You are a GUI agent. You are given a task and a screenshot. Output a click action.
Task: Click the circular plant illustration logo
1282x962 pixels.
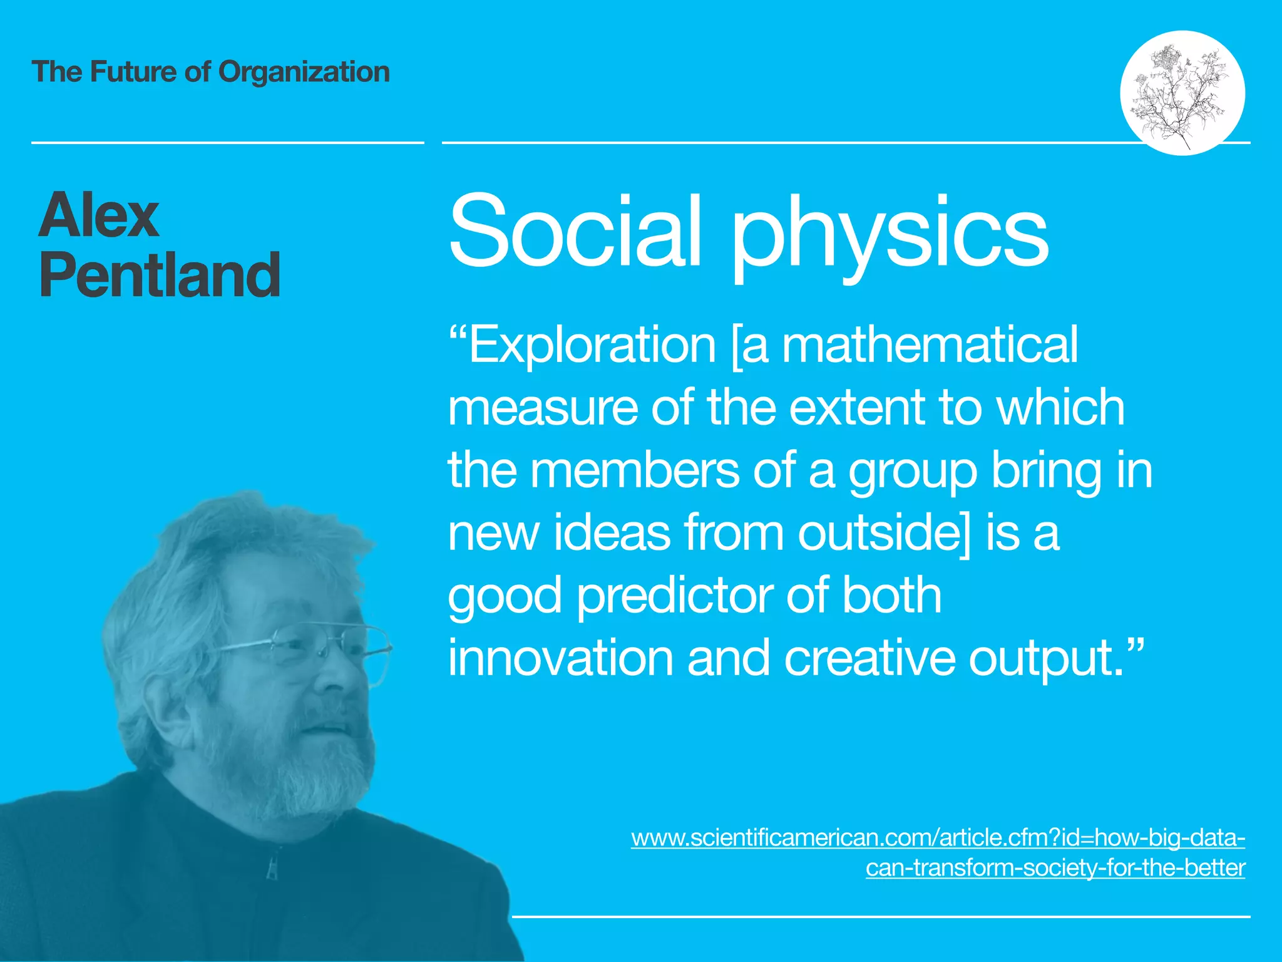click(x=1182, y=93)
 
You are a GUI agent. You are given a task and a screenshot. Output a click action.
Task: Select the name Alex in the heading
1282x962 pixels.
click(x=98, y=215)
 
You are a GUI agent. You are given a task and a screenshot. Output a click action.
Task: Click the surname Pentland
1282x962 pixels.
click(x=160, y=276)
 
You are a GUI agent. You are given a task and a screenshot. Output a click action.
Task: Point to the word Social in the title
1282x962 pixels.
click(x=575, y=232)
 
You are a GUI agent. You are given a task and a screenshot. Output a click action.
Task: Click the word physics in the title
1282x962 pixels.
click(x=889, y=235)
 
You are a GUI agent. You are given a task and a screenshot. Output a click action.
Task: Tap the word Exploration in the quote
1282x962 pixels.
click(x=592, y=346)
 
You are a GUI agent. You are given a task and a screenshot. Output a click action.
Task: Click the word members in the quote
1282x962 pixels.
click(x=635, y=471)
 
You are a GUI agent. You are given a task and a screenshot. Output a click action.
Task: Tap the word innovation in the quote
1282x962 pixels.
click(x=560, y=658)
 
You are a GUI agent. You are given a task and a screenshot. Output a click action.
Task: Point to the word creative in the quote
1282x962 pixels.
click(x=869, y=658)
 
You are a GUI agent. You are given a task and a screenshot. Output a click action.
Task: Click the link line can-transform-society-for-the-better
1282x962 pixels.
click(x=1055, y=868)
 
